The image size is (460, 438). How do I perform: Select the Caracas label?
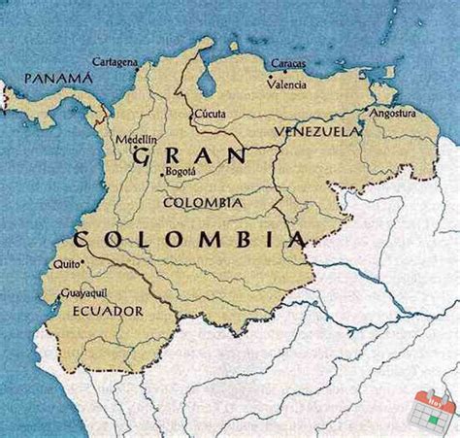(287, 64)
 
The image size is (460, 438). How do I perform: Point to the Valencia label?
(286, 84)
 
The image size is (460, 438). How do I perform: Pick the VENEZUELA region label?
(316, 130)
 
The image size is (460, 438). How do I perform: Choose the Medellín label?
(136, 140)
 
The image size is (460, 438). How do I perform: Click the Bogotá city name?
(181, 171)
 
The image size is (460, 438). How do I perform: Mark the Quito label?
(66, 263)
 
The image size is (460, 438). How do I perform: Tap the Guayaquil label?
(83, 291)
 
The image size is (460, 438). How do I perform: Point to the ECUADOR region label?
(108, 311)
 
